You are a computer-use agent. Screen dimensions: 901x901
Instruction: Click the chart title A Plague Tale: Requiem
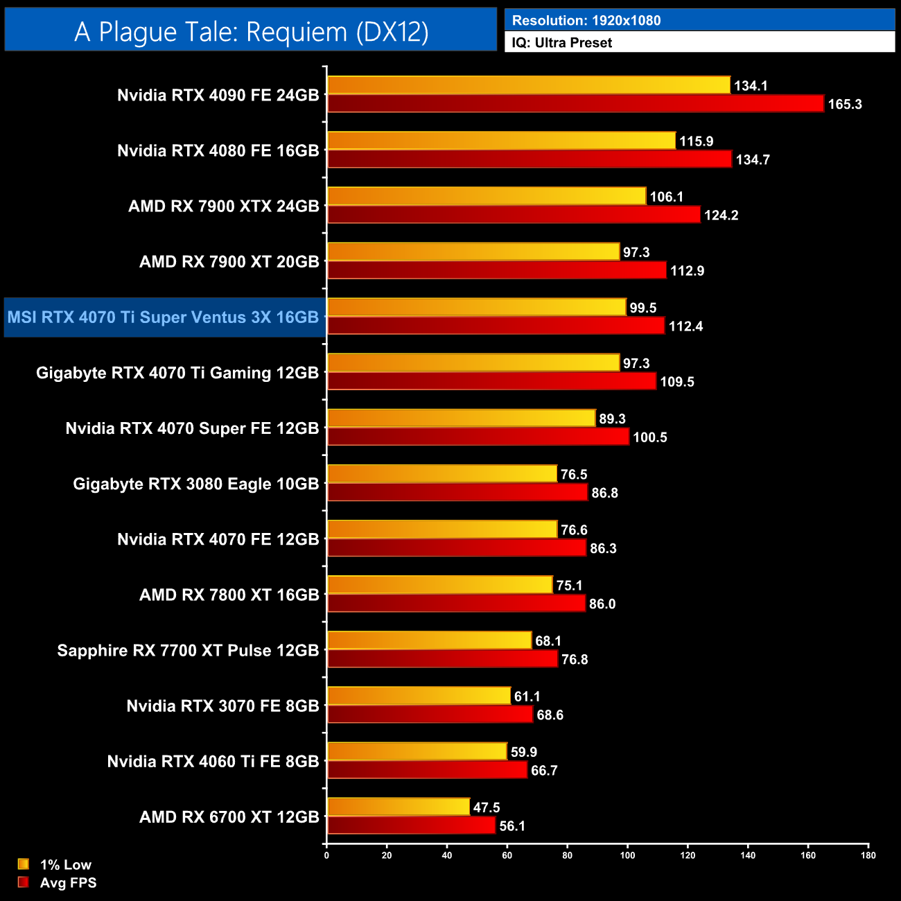pyautogui.click(x=251, y=31)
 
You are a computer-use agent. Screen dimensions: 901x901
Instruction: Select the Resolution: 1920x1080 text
pyautogui.click(x=586, y=21)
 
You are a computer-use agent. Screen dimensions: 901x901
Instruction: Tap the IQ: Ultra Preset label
pyautogui.click(x=562, y=43)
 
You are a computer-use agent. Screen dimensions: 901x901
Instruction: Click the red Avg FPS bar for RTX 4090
pyautogui.click(x=575, y=104)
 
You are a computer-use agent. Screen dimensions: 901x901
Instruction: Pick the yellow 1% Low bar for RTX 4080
pyautogui.click(x=501, y=141)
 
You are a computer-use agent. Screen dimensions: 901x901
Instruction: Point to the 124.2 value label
pyautogui.click(x=721, y=215)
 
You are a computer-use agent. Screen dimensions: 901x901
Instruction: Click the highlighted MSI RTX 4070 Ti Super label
pyautogui.click(x=164, y=317)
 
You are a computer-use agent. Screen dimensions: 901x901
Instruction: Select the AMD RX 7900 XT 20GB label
pyautogui.click(x=229, y=262)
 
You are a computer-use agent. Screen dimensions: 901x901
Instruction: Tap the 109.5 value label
pyautogui.click(x=676, y=382)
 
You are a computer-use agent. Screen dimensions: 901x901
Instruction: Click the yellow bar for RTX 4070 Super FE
pyautogui.click(x=461, y=419)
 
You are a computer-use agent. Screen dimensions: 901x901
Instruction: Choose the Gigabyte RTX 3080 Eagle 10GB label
pyautogui.click(x=196, y=484)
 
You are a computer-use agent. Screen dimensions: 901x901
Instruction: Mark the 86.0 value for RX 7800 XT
pyautogui.click(x=602, y=604)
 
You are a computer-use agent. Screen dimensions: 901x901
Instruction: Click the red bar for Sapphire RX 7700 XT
pyautogui.click(x=442, y=659)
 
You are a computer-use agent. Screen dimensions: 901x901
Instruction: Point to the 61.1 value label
pyautogui.click(x=527, y=697)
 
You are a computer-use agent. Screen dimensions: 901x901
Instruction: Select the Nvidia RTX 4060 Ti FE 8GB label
pyautogui.click(x=213, y=762)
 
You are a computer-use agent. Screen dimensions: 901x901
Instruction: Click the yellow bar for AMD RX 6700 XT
pyautogui.click(x=399, y=807)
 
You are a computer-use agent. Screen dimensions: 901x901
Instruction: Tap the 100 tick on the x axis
pyautogui.click(x=627, y=855)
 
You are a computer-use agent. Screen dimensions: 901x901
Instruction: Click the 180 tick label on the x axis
pyautogui.click(x=868, y=855)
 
